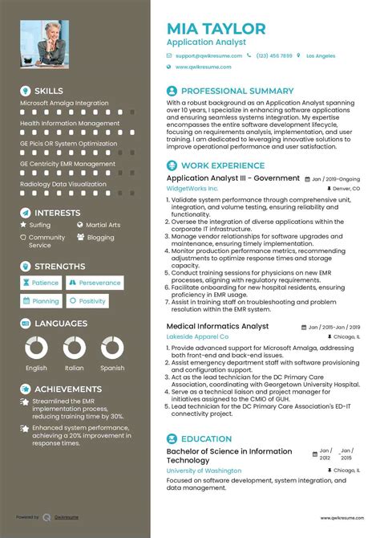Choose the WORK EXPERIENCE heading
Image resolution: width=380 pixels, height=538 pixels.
(217, 165)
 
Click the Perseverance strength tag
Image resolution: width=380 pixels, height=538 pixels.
(94, 283)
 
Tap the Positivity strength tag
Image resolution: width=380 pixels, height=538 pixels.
(87, 301)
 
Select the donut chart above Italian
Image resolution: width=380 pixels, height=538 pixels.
(75, 348)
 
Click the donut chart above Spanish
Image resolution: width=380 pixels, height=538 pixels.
(112, 348)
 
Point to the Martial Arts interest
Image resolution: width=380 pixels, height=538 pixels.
(103, 226)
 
